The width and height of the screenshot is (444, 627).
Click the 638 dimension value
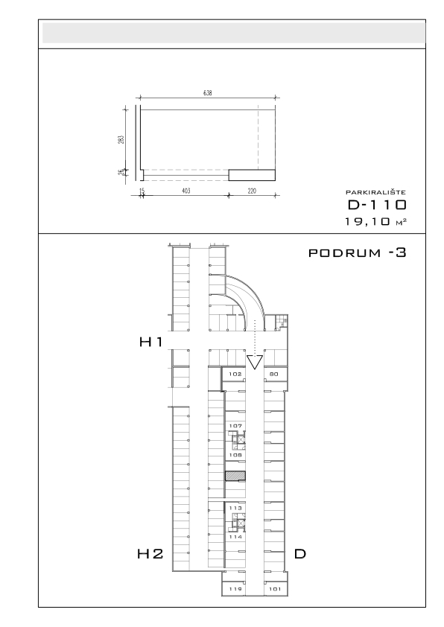[x=208, y=93]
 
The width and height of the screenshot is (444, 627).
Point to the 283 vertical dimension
[x=121, y=139]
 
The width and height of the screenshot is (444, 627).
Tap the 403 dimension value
[x=186, y=191]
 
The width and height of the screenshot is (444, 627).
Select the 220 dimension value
[x=252, y=191]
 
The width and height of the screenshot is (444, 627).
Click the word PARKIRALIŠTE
[x=376, y=192]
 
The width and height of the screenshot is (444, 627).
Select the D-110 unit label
[x=377, y=205]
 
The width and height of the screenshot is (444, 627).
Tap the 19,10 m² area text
[x=376, y=221]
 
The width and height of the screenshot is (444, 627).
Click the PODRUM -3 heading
[x=358, y=252]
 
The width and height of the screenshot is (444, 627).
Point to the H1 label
[x=150, y=342]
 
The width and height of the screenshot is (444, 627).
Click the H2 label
[x=150, y=554]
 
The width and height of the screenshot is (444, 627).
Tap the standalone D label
[x=300, y=554]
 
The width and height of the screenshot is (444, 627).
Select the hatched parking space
[x=235, y=476]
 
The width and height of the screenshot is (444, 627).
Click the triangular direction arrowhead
[x=254, y=362]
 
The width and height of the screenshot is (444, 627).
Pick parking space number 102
[x=235, y=374]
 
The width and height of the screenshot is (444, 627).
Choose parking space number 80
[x=274, y=374]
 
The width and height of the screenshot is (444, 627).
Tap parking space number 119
[x=235, y=588]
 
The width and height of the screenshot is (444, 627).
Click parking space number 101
[x=275, y=588]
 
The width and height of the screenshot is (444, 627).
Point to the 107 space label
[x=235, y=426]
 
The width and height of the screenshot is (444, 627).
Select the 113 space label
[x=235, y=508]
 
